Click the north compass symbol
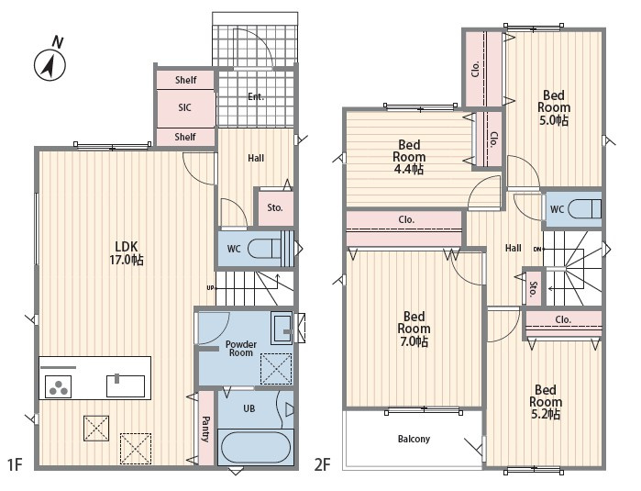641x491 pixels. [50, 61]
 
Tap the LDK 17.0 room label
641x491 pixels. [127, 253]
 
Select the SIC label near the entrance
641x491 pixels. [184, 107]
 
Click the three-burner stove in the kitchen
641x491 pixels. [58, 386]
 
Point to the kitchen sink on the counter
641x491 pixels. [126, 385]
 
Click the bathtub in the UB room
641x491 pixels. [255, 447]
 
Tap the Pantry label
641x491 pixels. [205, 429]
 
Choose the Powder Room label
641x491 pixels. [241, 349]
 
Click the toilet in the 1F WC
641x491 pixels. [264, 249]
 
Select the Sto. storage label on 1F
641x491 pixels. [275, 207]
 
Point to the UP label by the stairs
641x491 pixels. [210, 288]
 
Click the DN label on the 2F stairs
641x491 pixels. [537, 250]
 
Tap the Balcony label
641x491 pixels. [414, 439]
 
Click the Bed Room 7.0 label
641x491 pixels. [414, 329]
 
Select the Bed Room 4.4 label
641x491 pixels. [409, 157]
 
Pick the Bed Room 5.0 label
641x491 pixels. [554, 107]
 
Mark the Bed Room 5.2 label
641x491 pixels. [546, 402]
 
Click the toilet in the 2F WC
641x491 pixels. [584, 209]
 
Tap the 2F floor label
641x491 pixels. [322, 464]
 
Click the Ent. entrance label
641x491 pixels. [256, 97]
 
